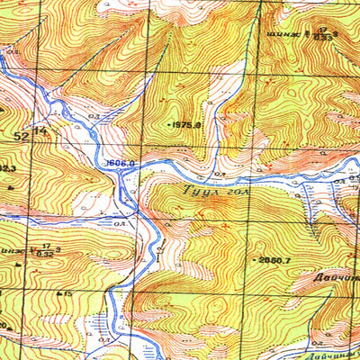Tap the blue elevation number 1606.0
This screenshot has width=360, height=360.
click(120, 163)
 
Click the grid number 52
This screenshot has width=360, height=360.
click(21, 134)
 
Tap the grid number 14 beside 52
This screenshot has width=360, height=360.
click(40, 132)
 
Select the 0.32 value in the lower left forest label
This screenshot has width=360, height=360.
click(43, 253)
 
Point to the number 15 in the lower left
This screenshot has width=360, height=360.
click(67, 293)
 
